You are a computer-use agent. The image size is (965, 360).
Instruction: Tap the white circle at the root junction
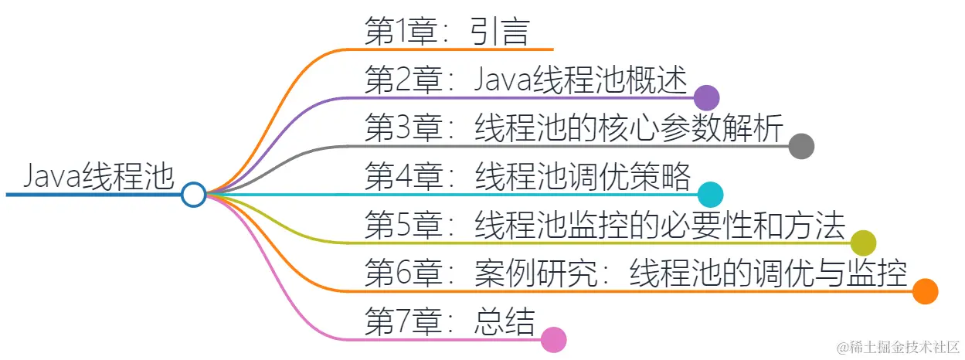point(193,194)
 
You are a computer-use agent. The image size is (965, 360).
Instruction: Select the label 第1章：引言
point(447,32)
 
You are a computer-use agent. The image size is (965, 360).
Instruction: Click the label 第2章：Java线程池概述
point(525,80)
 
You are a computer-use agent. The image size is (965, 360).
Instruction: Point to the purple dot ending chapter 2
point(706,97)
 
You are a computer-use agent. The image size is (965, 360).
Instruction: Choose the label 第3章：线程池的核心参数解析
point(574,127)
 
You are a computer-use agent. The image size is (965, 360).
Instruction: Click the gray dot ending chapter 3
point(801,145)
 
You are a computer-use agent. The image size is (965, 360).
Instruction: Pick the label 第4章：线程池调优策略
point(527,176)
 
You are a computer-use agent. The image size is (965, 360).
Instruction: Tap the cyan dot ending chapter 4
point(710,194)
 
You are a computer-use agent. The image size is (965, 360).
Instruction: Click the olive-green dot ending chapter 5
point(863,243)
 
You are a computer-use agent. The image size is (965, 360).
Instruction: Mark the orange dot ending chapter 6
point(925,291)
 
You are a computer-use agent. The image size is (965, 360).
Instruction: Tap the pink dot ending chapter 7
point(554,340)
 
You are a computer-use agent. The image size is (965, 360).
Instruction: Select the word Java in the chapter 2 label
point(500,80)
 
